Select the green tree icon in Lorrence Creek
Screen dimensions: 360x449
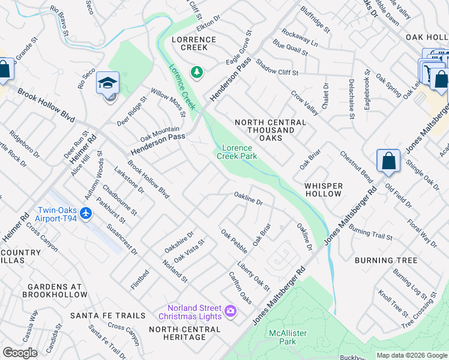[196, 73]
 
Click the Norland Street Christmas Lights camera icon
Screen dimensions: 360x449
[230, 311]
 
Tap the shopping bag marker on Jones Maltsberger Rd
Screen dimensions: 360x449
[388, 161]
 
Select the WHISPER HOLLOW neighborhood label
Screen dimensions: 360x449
[323, 190]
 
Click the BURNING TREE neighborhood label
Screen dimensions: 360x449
[386, 260]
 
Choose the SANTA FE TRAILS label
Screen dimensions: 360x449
[107, 315]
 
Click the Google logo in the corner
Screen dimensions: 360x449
[20, 353]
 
